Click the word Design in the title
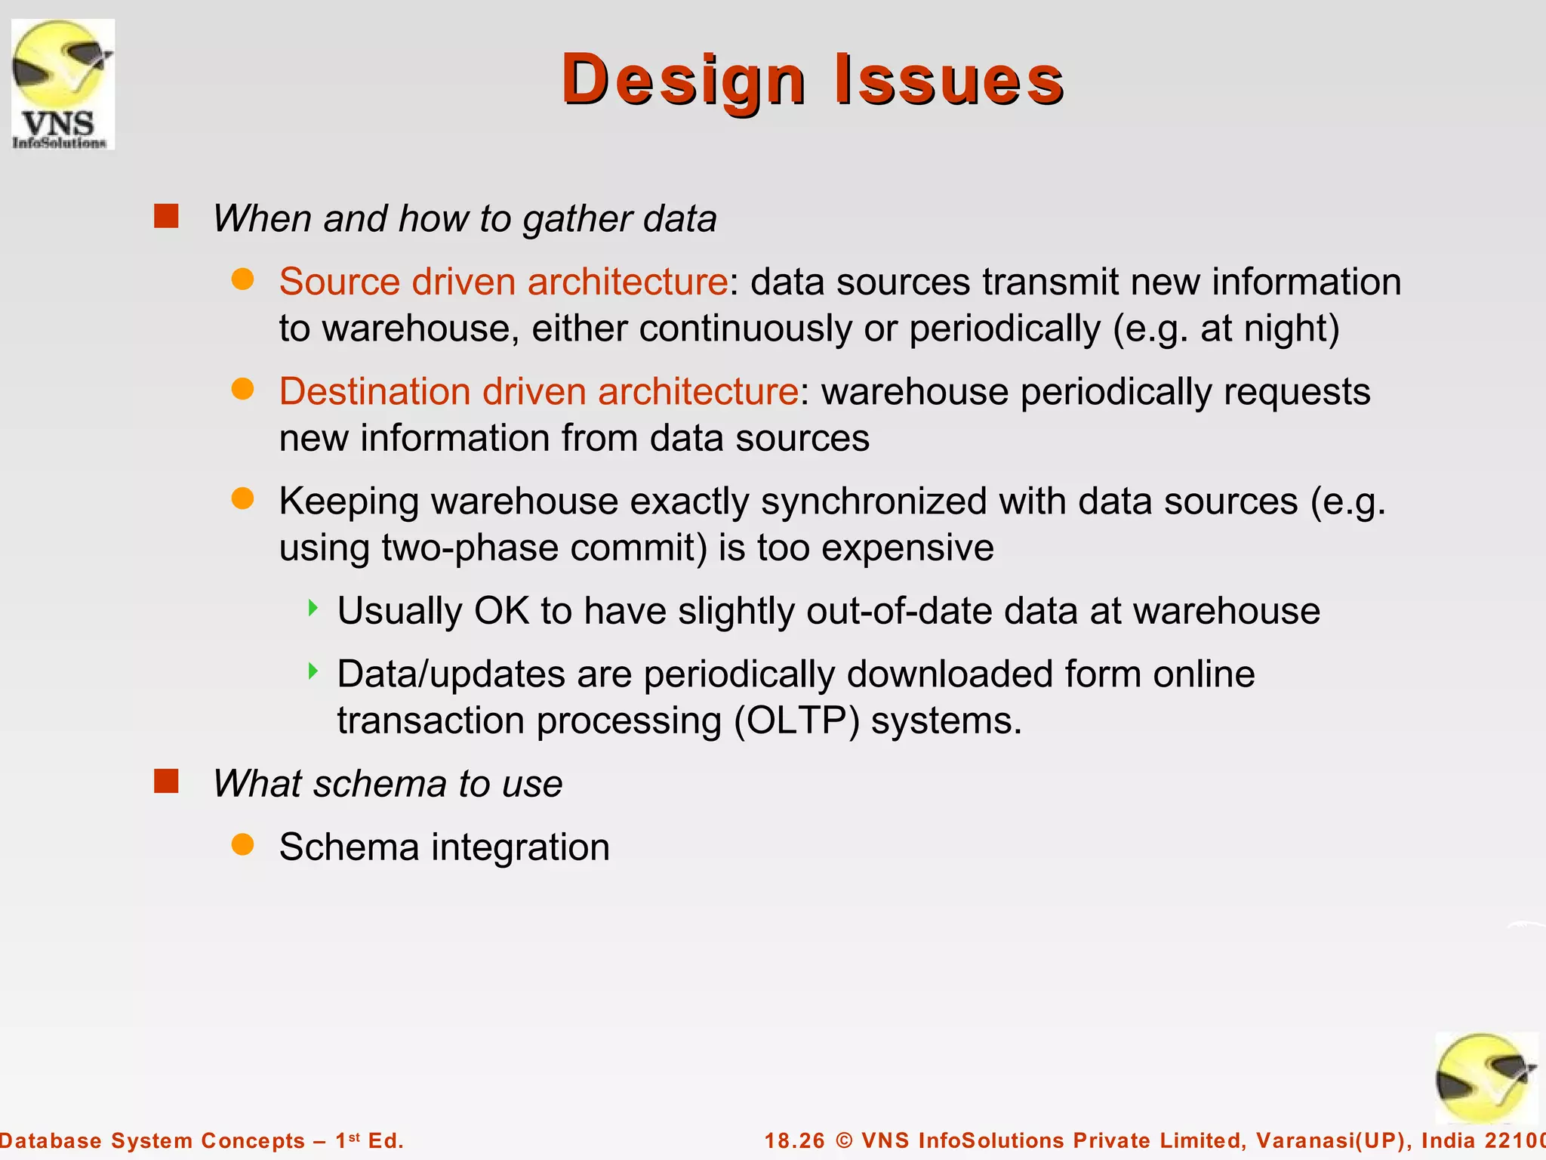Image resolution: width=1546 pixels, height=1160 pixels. [x=683, y=80]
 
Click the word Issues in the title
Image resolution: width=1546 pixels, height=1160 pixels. [x=949, y=80]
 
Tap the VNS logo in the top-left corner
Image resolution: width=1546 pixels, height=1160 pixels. [x=63, y=85]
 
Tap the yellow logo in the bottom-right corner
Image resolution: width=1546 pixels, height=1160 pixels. [x=1485, y=1078]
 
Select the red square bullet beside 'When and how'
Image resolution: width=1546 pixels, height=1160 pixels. [x=166, y=217]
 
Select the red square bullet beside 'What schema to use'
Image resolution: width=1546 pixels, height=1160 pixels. [x=166, y=782]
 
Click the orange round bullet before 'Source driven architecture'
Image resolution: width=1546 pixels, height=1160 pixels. [x=242, y=280]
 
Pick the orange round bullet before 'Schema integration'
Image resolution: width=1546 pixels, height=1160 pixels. [x=242, y=845]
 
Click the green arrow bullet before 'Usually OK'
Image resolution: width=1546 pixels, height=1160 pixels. [x=313, y=608]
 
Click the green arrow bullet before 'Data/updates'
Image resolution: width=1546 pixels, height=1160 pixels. [x=313, y=671]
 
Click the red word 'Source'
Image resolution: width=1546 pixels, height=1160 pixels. [x=339, y=282]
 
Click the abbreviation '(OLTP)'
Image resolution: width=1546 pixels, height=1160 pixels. [x=797, y=720]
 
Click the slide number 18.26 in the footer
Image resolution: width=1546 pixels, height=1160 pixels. [x=795, y=1140]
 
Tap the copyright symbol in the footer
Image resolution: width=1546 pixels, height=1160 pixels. [x=845, y=1140]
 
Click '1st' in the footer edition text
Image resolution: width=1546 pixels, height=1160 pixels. [x=347, y=1140]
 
